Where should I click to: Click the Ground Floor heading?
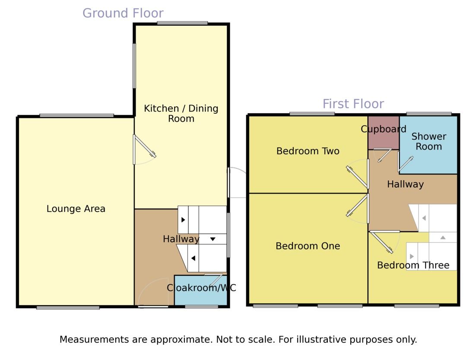[123, 13]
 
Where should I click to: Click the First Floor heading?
[353, 104]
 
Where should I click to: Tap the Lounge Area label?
[76, 209]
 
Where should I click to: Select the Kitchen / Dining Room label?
[181, 113]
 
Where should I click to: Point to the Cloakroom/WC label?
[201, 288]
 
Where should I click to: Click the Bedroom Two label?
[308, 151]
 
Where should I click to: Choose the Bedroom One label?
[308, 246]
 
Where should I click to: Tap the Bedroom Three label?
[413, 265]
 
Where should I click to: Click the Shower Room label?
[428, 141]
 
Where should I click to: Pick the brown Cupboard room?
[384, 133]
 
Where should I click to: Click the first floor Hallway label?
[405, 184]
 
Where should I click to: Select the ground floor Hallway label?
[181, 239]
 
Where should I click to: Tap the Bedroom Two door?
[357, 177]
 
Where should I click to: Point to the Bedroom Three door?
[381, 242]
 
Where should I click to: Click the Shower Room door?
[406, 164]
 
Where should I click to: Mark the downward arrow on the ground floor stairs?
[213, 239]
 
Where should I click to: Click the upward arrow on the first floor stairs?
[443, 238]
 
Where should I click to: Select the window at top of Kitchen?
[182, 23]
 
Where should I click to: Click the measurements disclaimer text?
[238, 339]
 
